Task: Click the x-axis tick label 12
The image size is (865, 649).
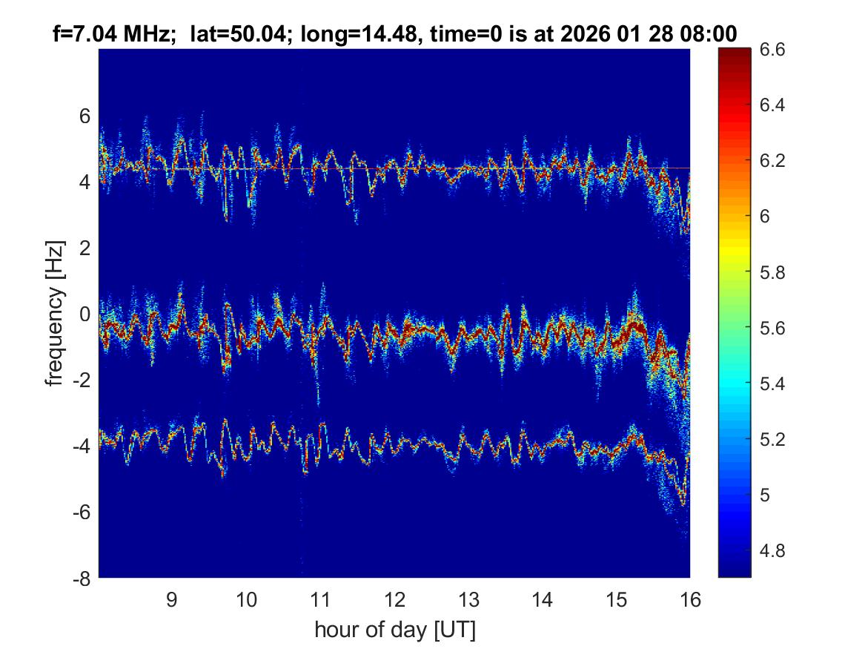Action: tap(394, 599)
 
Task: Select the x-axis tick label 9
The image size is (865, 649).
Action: tap(172, 599)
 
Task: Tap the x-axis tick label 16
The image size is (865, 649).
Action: tap(690, 599)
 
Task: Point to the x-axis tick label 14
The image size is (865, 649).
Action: tap(543, 599)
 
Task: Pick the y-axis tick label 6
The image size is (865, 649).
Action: tap(85, 116)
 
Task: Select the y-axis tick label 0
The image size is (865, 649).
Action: tap(85, 314)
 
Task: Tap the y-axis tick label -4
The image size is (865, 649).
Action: tap(81, 446)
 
